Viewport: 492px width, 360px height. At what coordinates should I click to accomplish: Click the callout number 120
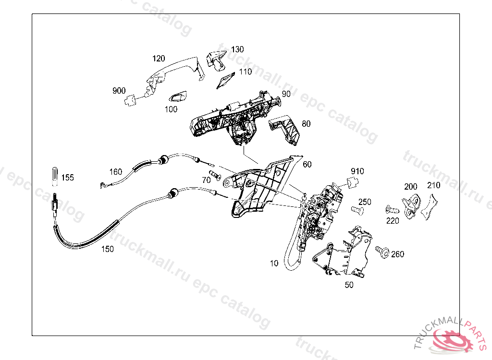(159, 59)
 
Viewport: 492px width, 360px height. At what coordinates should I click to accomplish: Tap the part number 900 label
(119, 91)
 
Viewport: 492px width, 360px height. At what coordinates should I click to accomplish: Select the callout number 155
(68, 178)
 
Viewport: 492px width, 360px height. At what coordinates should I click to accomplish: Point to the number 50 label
(349, 285)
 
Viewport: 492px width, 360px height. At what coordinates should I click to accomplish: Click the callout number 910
(357, 171)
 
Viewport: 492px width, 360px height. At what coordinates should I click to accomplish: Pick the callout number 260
(398, 254)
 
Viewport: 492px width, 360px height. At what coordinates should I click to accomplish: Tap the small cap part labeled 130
(216, 60)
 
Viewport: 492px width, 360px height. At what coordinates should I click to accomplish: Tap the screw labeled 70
(214, 173)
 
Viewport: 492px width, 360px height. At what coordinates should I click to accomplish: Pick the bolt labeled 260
(382, 251)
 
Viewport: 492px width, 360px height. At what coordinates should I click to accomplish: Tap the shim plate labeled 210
(430, 205)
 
